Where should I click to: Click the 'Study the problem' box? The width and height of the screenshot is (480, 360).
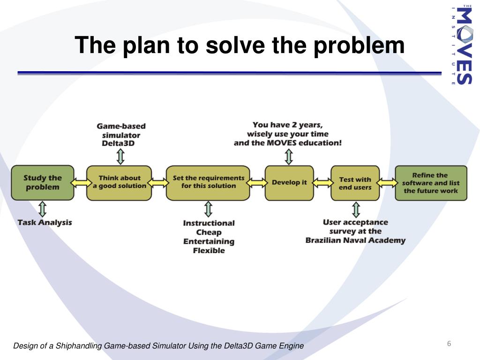tap(43, 183)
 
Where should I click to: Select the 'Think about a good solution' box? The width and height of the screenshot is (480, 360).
tap(119, 183)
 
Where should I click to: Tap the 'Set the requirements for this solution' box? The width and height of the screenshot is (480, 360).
tap(208, 183)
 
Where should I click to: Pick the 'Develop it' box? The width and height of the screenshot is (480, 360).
tap(289, 183)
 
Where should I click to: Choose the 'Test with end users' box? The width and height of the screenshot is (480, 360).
tap(355, 183)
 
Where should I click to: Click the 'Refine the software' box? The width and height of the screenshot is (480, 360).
tap(431, 183)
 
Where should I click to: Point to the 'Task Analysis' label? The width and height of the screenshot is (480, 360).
tap(45, 223)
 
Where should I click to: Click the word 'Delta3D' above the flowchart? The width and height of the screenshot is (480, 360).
tap(118, 143)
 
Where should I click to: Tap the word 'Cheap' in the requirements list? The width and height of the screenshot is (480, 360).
tap(209, 232)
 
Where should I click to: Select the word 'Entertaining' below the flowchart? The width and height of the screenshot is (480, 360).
tap(209, 241)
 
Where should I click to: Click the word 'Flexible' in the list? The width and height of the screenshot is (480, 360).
tap(209, 250)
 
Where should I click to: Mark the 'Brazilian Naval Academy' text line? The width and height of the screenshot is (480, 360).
tap(355, 240)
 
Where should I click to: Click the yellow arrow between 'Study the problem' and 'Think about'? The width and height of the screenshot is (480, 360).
tap(81, 183)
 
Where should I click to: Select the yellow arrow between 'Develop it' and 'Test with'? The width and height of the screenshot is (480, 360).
tap(322, 183)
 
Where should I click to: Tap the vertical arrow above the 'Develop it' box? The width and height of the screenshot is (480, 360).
tap(289, 157)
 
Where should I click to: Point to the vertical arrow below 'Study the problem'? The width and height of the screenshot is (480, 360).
tap(43, 209)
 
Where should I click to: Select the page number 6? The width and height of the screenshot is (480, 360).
tap(449, 344)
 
